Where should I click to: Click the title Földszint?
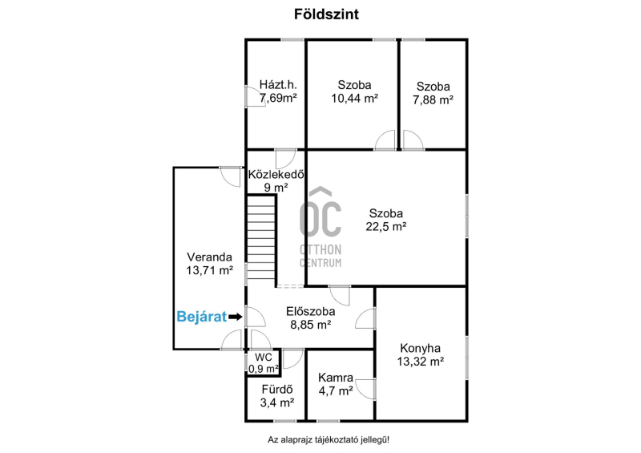[326, 14]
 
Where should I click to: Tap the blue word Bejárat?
[202, 317]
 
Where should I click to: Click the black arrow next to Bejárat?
[236, 317]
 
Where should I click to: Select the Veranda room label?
[209, 257]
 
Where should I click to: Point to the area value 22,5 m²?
[386, 226]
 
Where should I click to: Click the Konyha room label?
[420, 348]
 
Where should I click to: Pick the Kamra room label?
[336, 378]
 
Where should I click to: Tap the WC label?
[264, 358]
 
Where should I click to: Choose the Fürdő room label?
[277, 390]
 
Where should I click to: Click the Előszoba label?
[311, 311]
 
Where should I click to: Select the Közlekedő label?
[276, 174]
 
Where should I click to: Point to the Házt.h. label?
[278, 85]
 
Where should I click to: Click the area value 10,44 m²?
[354, 98]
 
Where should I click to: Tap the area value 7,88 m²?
[433, 100]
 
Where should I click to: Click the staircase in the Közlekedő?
[261, 237]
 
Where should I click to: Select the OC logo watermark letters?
[320, 212]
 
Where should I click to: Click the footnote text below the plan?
[329, 440]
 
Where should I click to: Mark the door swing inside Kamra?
[365, 389]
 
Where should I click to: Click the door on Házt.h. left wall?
[255, 96]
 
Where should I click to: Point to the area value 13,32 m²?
[420, 362]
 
